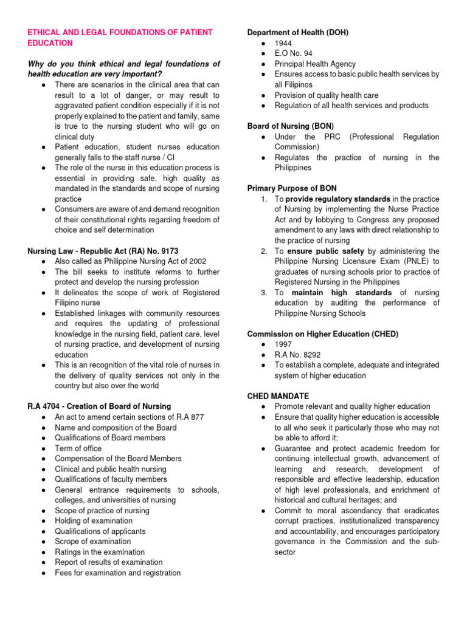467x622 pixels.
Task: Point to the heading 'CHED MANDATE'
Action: (x=278, y=395)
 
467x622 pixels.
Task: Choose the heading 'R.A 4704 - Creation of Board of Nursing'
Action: (x=100, y=406)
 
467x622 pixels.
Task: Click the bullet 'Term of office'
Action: (x=78, y=448)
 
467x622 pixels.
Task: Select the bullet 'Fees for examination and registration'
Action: (x=117, y=572)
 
